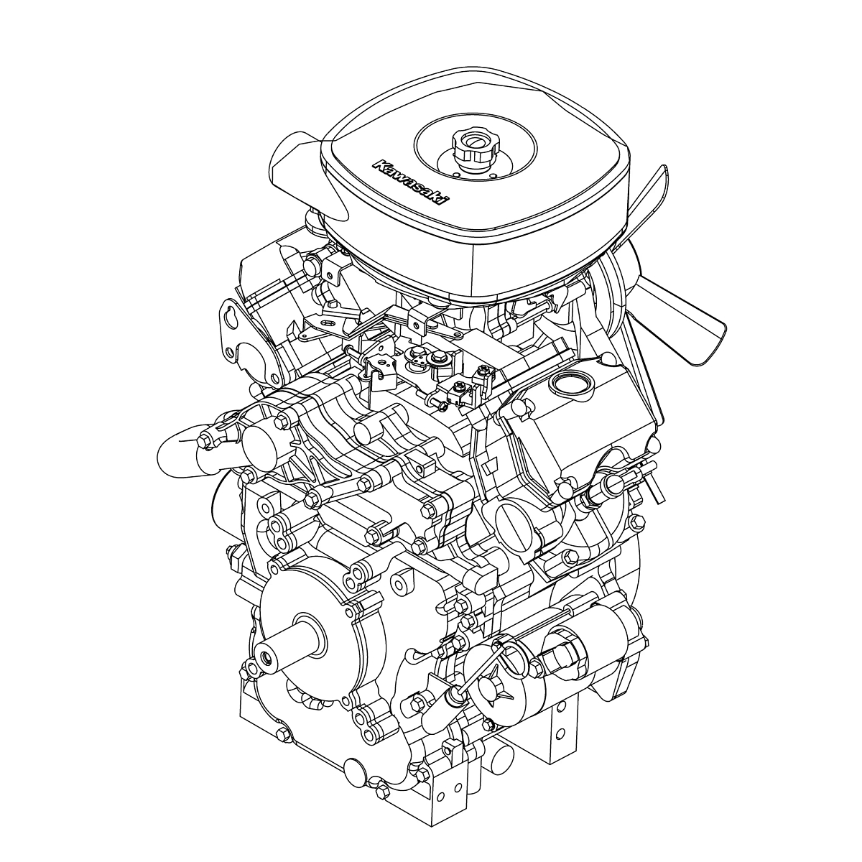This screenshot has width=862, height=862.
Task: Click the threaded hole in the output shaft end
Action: click(x=267, y=657)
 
